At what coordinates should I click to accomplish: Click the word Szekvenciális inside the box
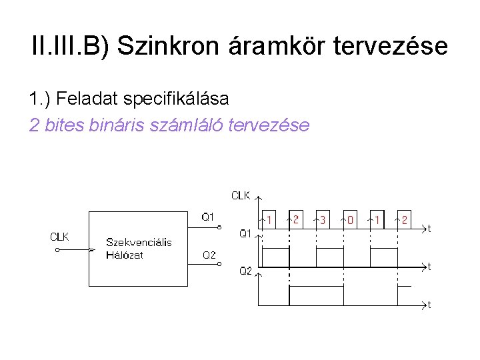[139, 242]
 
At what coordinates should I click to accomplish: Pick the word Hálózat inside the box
[125, 255]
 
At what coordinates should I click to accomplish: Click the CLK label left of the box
[60, 237]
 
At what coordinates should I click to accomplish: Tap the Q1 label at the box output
[208, 216]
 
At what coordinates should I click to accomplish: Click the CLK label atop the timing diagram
[241, 195]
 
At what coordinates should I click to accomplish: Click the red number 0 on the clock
[350, 219]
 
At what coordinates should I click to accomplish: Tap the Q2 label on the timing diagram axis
[245, 271]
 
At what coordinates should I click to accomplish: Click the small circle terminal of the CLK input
[57, 251]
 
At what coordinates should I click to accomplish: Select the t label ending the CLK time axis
[429, 229]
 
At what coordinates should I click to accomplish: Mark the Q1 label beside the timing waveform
[245, 233]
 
